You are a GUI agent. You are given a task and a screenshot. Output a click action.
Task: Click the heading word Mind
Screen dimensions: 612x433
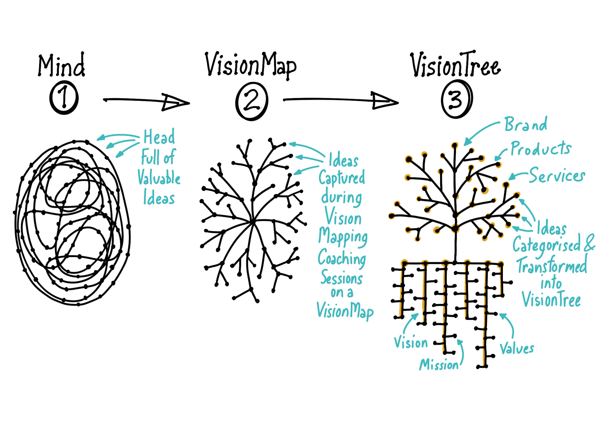pos(61,66)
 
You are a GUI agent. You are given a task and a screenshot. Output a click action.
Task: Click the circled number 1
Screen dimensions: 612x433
pos(64,98)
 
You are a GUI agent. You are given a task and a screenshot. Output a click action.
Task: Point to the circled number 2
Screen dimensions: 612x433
pos(252,101)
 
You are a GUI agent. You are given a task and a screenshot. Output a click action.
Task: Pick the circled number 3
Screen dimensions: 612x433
pos(456,99)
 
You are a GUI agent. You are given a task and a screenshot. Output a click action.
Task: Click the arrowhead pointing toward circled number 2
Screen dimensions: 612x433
pos(176,102)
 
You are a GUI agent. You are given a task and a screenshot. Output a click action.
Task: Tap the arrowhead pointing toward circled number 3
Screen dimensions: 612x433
pos(385,101)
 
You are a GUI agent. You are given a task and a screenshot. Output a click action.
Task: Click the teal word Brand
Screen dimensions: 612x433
pos(526,124)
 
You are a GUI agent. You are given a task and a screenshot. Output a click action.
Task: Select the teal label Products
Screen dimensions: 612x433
pos(541,149)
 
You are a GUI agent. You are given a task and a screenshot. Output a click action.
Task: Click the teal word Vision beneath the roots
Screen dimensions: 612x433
pos(411,342)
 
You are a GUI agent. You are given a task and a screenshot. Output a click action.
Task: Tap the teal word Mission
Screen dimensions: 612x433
pos(439,364)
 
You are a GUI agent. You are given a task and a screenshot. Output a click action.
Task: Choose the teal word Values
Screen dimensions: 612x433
pos(517,349)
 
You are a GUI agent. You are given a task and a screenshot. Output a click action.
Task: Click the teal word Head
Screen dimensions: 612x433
pos(159,137)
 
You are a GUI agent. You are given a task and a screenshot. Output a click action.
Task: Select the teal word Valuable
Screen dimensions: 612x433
pos(159,177)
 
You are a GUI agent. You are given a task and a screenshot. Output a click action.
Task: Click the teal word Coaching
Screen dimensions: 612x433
pos(342,259)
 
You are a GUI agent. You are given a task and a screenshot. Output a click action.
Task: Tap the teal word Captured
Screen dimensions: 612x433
pos(342,178)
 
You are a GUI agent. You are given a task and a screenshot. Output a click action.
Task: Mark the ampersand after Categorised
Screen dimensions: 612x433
pos(589,243)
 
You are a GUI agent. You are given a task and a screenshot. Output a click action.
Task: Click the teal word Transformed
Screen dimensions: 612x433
pos(552,265)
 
